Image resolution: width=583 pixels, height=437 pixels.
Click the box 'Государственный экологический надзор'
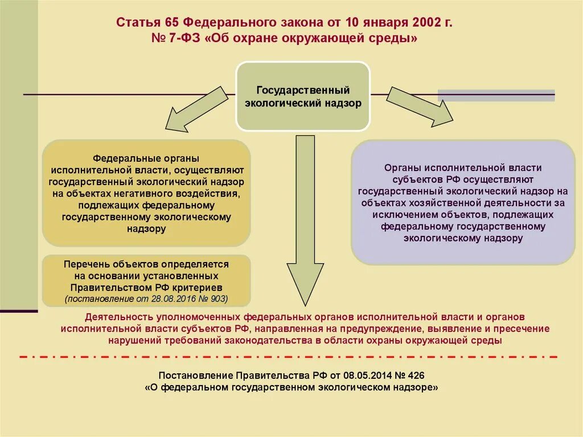[303, 96]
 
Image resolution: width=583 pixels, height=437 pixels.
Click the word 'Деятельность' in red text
[112, 317]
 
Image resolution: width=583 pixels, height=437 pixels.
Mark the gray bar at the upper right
[496, 95]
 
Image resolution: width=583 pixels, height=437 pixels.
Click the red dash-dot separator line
[289, 357]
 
